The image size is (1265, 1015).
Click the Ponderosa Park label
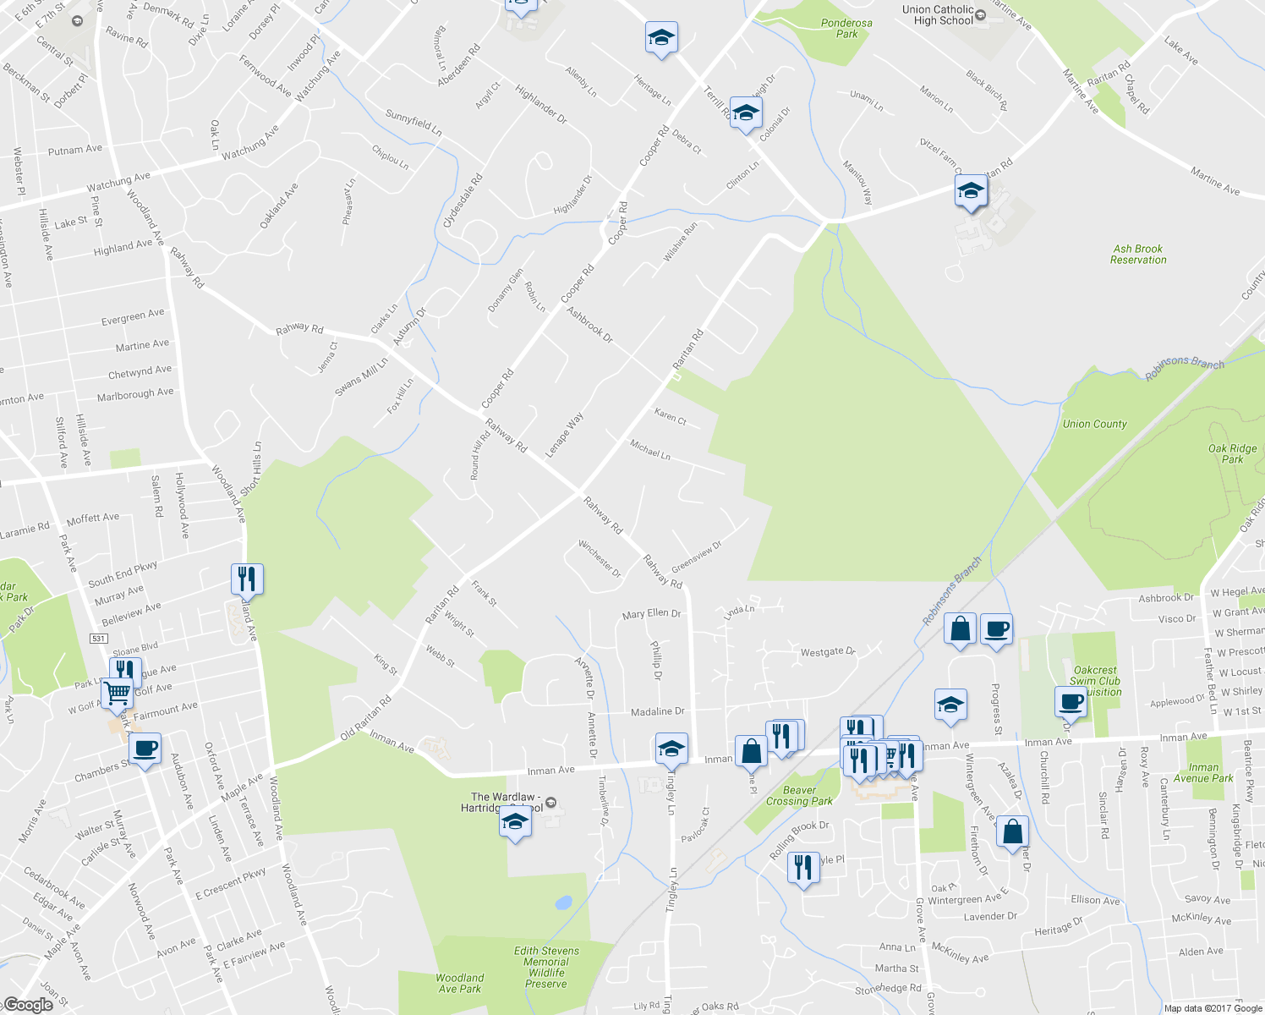pyautogui.click(x=846, y=29)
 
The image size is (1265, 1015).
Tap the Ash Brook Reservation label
pyautogui.click(x=1138, y=255)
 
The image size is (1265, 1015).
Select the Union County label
pyautogui.click(x=1094, y=424)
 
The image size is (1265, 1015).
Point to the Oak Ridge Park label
pyautogui.click(x=1232, y=454)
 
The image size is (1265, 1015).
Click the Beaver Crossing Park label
pyautogui.click(x=799, y=796)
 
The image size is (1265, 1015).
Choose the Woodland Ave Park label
pyautogui.click(x=459, y=983)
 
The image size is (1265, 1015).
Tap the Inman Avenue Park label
pyautogui.click(x=1203, y=773)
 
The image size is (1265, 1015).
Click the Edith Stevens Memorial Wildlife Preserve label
pyautogui.click(x=546, y=967)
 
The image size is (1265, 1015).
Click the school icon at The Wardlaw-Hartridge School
pyautogui.click(x=515, y=820)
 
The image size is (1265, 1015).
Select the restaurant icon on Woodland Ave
pyautogui.click(x=247, y=579)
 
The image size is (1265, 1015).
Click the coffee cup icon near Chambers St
pyautogui.click(x=145, y=749)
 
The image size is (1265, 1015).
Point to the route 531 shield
pyautogui.click(x=99, y=639)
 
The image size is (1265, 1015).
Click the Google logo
pyautogui.click(x=28, y=1005)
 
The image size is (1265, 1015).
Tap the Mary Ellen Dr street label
pyautogui.click(x=651, y=614)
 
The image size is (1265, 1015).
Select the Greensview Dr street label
pyautogui.click(x=697, y=557)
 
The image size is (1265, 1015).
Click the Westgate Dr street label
pyautogui.click(x=828, y=652)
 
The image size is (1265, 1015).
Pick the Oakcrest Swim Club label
pyautogui.click(x=1095, y=681)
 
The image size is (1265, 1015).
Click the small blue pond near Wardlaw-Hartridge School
pyautogui.click(x=563, y=903)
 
